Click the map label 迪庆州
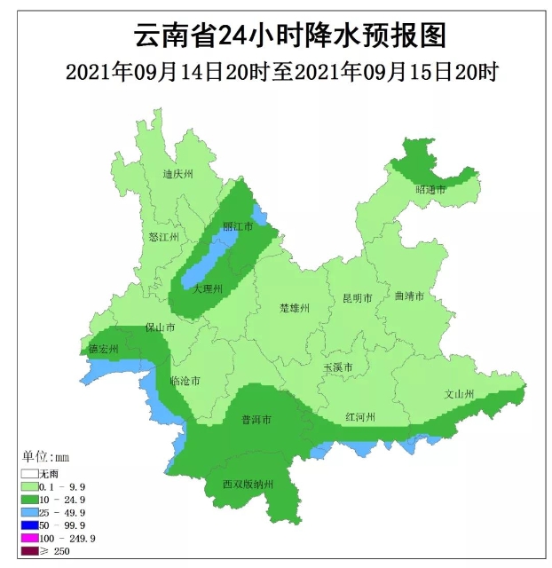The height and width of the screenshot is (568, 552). [177, 175]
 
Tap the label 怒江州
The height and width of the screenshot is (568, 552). [164, 238]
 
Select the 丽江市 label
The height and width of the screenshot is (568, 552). [238, 227]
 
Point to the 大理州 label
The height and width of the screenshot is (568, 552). [208, 289]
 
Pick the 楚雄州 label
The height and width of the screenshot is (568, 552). [295, 308]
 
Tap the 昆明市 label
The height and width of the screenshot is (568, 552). [358, 298]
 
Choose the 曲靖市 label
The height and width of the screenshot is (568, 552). [411, 296]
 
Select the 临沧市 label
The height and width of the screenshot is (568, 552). [185, 381]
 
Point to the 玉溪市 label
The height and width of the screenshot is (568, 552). [338, 367]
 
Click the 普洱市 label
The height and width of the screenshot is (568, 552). [256, 419]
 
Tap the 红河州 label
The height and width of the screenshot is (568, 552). [362, 417]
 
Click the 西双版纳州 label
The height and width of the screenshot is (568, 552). [248, 485]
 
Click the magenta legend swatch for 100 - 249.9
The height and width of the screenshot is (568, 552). [30, 538]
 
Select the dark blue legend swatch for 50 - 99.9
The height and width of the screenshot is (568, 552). [30, 525]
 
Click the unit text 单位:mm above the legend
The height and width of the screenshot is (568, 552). [45, 457]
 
